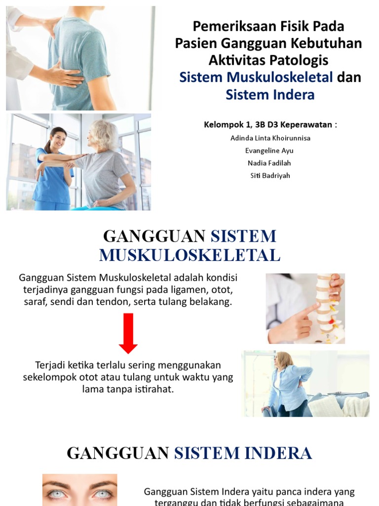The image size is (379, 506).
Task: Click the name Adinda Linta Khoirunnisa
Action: coord(270,138)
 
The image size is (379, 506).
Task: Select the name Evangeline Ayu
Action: coord(270,150)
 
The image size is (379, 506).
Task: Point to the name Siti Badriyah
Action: coord(270,175)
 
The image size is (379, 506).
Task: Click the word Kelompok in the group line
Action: coord(224,125)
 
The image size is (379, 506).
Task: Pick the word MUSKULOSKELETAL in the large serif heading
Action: coord(189,255)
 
